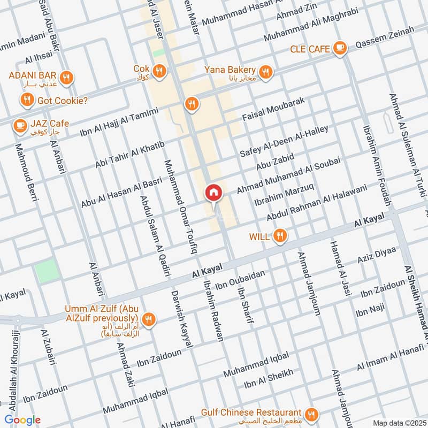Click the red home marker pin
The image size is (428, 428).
[x=213, y=193]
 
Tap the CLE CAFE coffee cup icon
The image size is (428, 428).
[x=339, y=49]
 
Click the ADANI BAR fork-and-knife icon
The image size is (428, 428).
[x=66, y=78]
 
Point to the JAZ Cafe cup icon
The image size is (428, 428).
[x=20, y=126]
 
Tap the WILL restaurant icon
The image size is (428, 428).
[x=279, y=235]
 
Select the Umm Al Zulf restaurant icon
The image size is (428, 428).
[x=149, y=319]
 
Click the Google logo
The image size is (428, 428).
[x=22, y=420]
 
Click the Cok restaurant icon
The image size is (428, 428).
[x=158, y=70]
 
